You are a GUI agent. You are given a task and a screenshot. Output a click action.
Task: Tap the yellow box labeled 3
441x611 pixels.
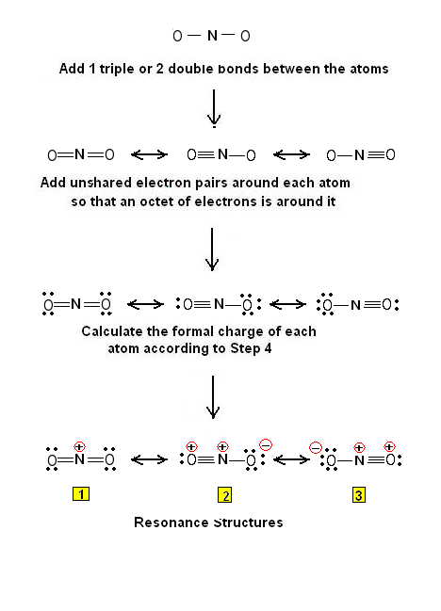coord(359,495)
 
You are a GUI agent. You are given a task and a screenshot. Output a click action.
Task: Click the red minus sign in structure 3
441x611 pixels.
coord(317,447)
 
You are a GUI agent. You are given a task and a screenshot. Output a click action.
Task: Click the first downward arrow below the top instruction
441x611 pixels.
coord(214,107)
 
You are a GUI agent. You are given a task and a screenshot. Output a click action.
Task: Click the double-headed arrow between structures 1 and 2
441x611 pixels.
coord(148,460)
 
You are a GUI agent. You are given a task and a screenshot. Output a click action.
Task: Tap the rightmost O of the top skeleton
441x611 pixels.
coord(245,37)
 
